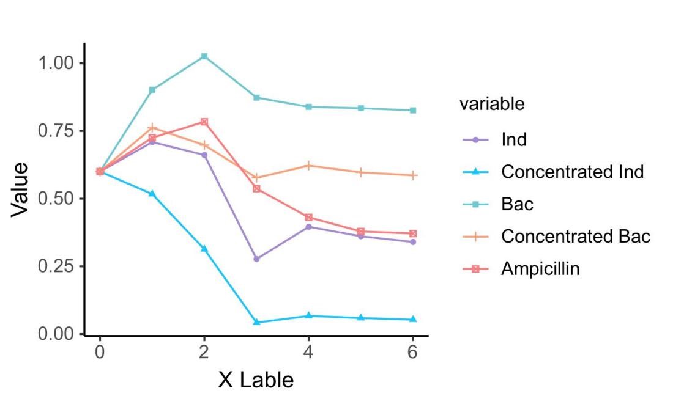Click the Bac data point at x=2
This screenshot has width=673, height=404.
204,56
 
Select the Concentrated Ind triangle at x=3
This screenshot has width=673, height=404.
256,322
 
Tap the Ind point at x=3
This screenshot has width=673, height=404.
256,259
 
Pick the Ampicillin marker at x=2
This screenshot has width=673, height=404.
204,122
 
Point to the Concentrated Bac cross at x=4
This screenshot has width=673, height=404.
308,166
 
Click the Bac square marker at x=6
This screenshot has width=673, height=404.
413,111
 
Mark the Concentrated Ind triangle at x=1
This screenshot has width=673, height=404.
152,194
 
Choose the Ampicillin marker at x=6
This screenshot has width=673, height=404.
413,233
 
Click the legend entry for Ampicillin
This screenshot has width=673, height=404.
540,269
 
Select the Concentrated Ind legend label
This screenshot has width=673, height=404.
572,172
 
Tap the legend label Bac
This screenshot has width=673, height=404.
517,205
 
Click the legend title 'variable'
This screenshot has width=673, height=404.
491,105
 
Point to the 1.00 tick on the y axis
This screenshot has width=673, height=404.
56,63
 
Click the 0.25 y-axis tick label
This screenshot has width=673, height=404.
56,266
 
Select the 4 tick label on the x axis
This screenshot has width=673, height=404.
308,353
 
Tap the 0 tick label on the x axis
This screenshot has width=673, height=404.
100,353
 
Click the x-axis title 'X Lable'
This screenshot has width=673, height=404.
256,380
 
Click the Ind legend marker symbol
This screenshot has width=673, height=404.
475,140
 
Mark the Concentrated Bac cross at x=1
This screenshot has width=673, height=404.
152,128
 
